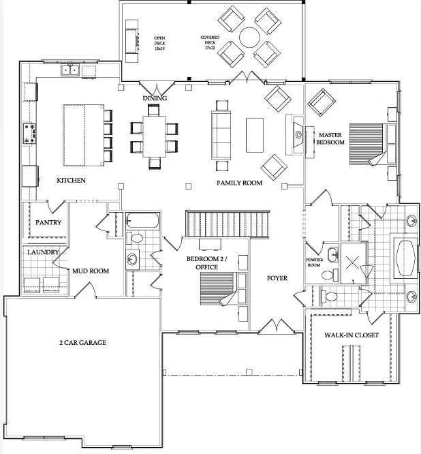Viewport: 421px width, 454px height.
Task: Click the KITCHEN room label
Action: coord(71,181)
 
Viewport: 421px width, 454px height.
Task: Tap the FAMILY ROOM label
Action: coord(239,183)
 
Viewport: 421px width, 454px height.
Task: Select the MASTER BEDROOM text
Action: coord(332,139)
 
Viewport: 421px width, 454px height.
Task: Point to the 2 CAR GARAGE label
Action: coord(82,342)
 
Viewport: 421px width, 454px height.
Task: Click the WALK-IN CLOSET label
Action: coord(352,335)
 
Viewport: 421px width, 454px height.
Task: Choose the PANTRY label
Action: coord(48,223)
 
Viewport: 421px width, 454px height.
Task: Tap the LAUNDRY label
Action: coord(43,252)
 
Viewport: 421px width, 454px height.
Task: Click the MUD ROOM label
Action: coord(91,271)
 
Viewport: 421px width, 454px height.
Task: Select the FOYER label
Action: coord(277,278)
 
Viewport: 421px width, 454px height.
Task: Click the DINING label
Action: coord(155,99)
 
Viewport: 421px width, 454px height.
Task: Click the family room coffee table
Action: coord(254,134)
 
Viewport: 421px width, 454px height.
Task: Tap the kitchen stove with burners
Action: coord(31,134)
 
